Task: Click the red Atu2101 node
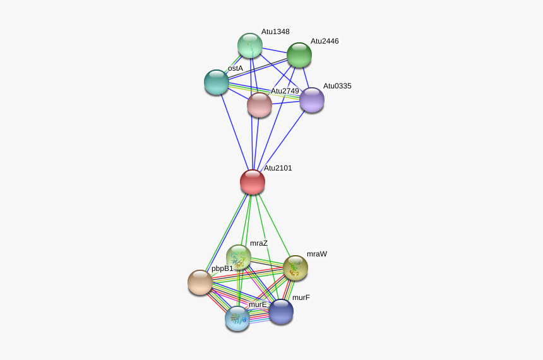tap(253, 182)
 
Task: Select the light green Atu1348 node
tap(250, 45)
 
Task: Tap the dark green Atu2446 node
tap(299, 55)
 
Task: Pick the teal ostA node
tap(217, 82)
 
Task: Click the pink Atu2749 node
tap(260, 105)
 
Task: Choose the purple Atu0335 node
tap(312, 100)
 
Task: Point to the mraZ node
tap(239, 257)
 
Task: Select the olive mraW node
tap(295, 268)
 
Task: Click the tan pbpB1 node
tap(200, 282)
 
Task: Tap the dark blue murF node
tap(281, 311)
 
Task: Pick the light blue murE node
tap(237, 318)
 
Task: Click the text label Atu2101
tap(278, 168)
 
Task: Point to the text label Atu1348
tap(275, 32)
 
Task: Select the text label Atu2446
tap(325, 41)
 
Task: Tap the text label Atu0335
tap(337, 86)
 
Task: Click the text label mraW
tap(317, 254)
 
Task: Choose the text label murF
tap(301, 297)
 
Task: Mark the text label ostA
tap(236, 68)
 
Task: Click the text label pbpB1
tap(222, 268)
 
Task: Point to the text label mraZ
tap(259, 243)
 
